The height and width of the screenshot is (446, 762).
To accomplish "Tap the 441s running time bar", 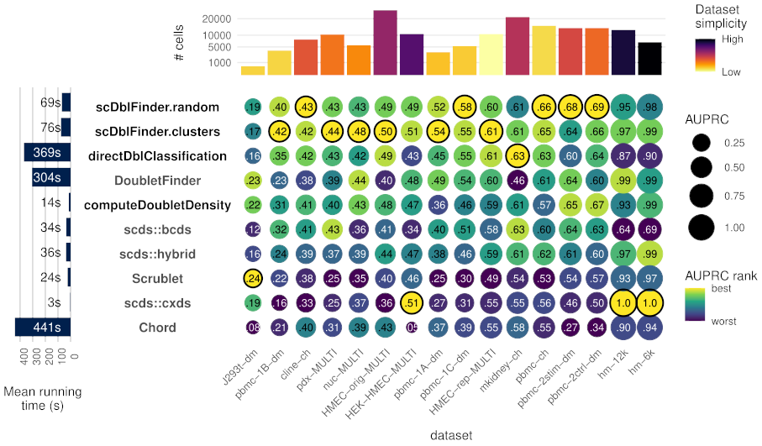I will pos(42,327).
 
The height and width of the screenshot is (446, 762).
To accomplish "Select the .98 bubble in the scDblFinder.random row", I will pos(649,107).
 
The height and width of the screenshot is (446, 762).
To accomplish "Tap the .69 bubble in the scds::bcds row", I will pos(649,229).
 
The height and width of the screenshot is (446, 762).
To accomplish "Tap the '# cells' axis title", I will pos(179,43).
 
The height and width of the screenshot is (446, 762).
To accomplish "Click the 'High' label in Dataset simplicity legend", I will pos(731,39).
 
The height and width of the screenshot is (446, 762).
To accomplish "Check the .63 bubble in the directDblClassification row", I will pos(518,155).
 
